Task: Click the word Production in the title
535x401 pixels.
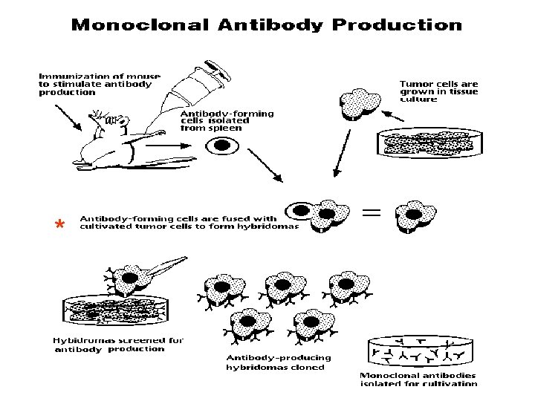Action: (397, 25)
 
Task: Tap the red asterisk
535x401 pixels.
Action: (59, 225)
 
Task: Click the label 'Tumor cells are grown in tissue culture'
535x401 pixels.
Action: (439, 91)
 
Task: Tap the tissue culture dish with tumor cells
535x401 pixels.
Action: (424, 143)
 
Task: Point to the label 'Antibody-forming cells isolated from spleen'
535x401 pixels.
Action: (227, 121)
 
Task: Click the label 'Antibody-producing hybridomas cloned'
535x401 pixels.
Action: (279, 362)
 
